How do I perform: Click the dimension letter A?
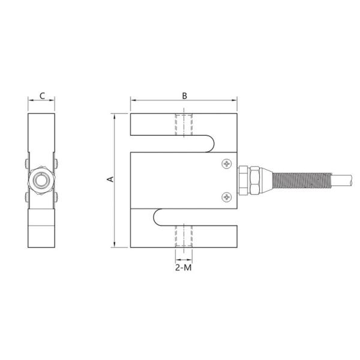pyautogui.click(x=109, y=179)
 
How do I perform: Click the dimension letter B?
pyautogui.click(x=185, y=95)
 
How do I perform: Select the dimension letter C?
pyautogui.click(x=42, y=95)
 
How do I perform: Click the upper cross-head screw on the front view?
pyautogui.click(x=226, y=163)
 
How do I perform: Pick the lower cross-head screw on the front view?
pyautogui.click(x=226, y=196)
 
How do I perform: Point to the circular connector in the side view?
pyautogui.click(x=42, y=179)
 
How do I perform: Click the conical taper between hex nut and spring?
pyautogui.click(x=268, y=179)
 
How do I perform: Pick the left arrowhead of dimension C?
pyautogui.click(x=30, y=101)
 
